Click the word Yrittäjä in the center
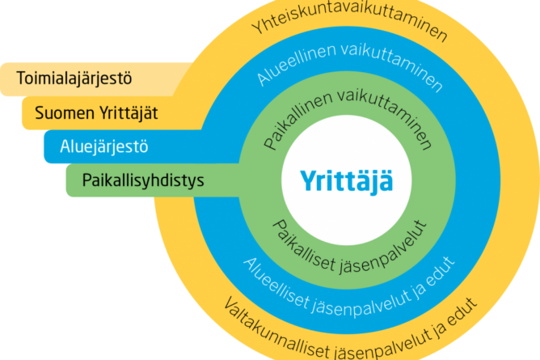click(x=348, y=179)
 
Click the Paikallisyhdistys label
click(x=143, y=180)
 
